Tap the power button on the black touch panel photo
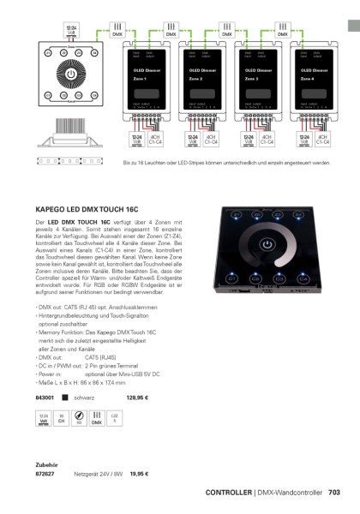click(x=273, y=255)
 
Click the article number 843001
click(x=45, y=397)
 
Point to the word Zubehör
click(x=46, y=463)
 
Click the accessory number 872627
click(x=45, y=473)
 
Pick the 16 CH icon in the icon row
click(x=61, y=420)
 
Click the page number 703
click(x=334, y=493)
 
